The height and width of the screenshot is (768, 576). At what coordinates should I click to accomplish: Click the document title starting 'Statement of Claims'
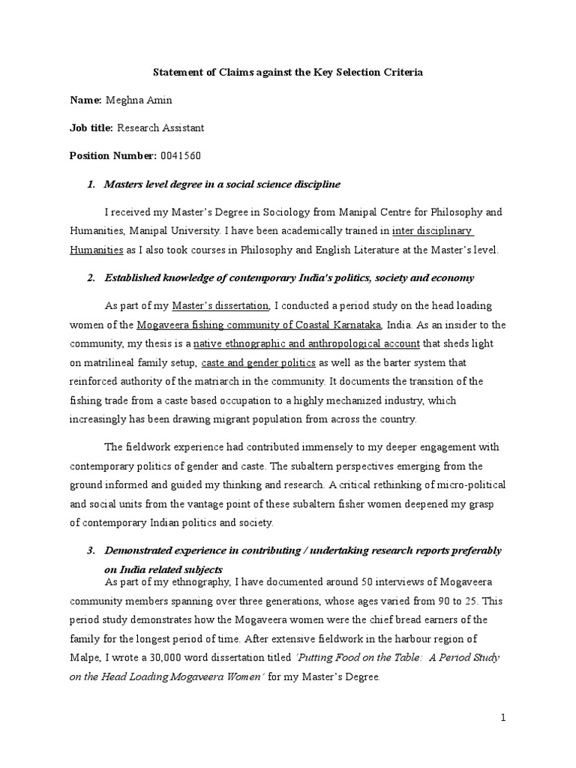click(288, 72)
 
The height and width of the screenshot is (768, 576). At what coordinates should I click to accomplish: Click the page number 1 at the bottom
click(504, 718)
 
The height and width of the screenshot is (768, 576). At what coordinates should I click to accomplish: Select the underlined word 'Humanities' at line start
click(97, 250)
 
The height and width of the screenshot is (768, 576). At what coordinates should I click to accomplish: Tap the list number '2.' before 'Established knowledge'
click(91, 278)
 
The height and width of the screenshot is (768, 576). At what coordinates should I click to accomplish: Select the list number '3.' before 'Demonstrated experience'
click(91, 551)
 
